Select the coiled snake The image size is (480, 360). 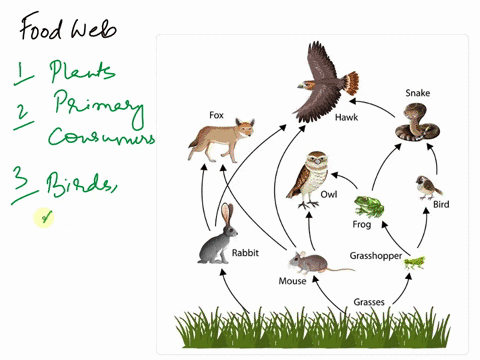click(x=414, y=122)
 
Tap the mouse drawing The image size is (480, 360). click(x=306, y=262)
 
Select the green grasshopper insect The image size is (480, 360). click(x=414, y=263)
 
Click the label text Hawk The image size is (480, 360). click(x=347, y=118)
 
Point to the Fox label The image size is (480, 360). click(x=216, y=115)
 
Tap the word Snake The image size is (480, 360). click(x=417, y=93)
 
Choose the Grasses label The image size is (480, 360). click(x=370, y=301)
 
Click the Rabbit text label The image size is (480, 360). click(x=245, y=253)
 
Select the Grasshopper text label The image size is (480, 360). click(x=375, y=256)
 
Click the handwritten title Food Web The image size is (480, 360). click(x=67, y=25)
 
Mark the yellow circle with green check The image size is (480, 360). click(x=44, y=217)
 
